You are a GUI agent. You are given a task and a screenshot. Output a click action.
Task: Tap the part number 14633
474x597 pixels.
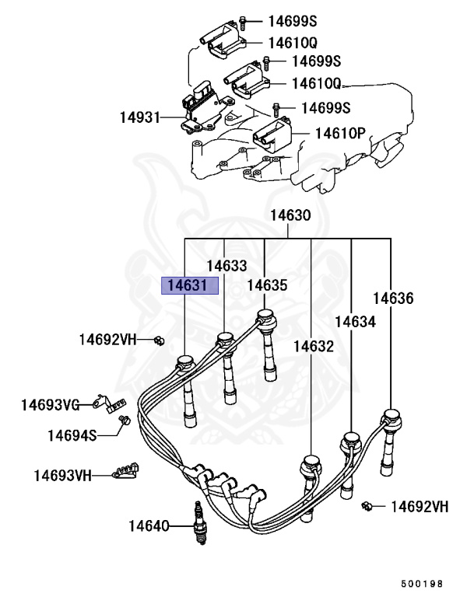point(226,265)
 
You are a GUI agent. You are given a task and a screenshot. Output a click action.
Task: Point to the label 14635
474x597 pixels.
point(267,286)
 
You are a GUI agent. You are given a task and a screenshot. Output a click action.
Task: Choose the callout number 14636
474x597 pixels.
point(393,298)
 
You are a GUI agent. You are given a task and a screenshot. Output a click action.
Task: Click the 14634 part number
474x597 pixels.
point(355,321)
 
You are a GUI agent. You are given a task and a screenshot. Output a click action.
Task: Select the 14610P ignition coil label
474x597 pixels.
point(340,133)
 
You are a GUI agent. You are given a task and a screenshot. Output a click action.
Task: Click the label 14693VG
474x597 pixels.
point(50,405)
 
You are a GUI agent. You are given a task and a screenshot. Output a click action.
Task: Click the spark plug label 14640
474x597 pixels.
point(149,526)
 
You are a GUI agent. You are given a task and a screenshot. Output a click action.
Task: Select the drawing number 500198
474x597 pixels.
point(422,582)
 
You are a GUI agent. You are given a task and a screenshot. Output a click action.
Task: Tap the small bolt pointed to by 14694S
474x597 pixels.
point(122,421)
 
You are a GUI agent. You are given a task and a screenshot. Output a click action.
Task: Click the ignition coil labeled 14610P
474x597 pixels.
point(275,134)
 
